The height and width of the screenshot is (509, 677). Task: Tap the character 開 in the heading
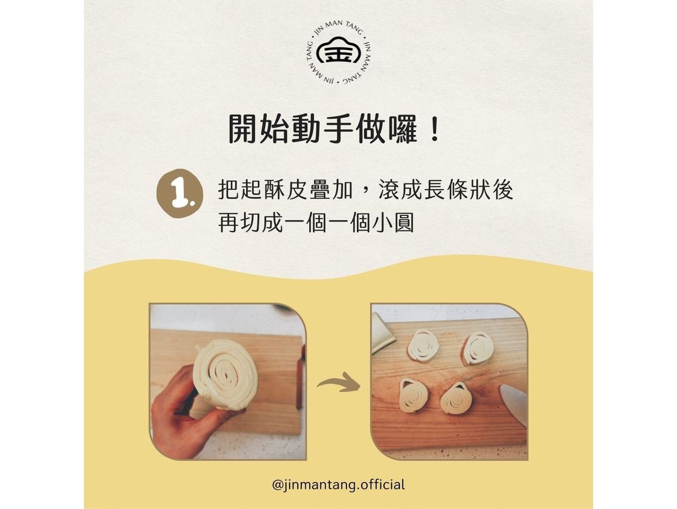(243, 129)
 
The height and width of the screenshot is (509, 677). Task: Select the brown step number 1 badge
(179, 193)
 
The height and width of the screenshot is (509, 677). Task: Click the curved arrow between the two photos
(338, 382)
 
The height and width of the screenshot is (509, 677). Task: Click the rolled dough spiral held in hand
(226, 375)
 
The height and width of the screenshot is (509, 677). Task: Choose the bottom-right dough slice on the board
(456, 398)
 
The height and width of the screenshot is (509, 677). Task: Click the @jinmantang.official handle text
(338, 485)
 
